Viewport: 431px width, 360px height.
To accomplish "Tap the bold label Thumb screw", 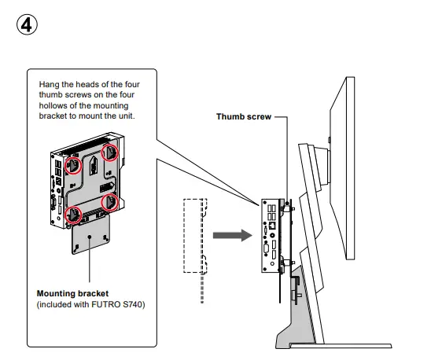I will point(243,117).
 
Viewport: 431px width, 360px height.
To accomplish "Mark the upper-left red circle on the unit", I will point(74,165).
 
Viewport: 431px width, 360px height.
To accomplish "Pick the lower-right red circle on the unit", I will point(112,202).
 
